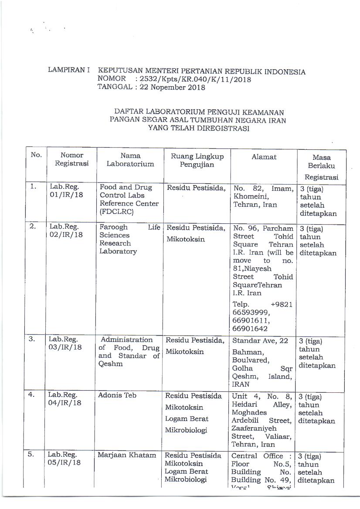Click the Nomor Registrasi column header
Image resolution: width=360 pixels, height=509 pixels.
click(x=71, y=159)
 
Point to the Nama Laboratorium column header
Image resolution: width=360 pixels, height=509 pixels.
click(x=130, y=159)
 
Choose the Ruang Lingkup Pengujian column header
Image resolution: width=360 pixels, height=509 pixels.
click(x=197, y=160)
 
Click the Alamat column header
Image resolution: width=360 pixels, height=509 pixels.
click(x=264, y=156)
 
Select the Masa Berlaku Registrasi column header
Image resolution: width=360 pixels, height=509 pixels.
click(x=321, y=167)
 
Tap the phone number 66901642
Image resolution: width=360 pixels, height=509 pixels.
click(x=251, y=329)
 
